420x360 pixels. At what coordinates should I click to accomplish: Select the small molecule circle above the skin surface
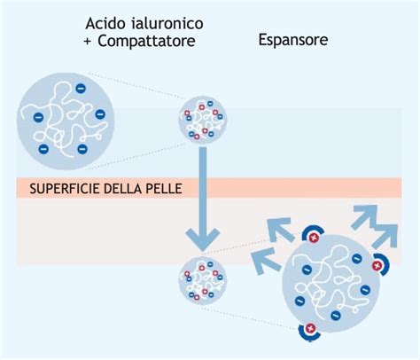(203, 123)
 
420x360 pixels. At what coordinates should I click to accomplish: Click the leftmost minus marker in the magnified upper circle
(37, 117)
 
